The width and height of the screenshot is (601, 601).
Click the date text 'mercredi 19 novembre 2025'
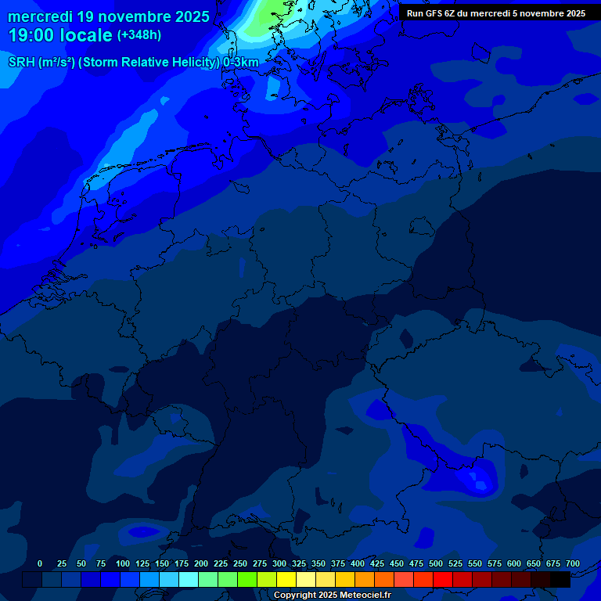[x=109, y=16]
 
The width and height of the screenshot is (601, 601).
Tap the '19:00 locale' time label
[x=60, y=35]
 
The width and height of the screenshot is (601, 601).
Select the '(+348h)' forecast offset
[x=139, y=35]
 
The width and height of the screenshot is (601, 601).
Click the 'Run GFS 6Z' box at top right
[x=496, y=13]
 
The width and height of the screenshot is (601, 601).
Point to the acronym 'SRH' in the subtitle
[x=21, y=63]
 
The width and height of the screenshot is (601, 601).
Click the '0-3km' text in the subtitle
[x=240, y=63]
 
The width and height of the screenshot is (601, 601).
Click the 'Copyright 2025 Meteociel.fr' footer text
[x=332, y=596]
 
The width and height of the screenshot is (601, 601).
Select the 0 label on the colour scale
[x=40, y=563]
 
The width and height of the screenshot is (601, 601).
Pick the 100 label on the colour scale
[x=123, y=563]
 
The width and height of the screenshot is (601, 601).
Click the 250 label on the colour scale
[x=240, y=563]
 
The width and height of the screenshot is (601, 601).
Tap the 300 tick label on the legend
[x=279, y=563]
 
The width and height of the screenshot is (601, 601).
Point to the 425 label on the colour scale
[x=377, y=563]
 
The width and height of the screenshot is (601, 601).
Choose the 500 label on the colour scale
[x=436, y=563]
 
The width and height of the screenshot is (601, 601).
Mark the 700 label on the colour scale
[x=573, y=563]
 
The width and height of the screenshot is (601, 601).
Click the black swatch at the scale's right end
[x=560, y=579]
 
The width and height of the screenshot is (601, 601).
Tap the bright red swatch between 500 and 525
[x=443, y=579]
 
